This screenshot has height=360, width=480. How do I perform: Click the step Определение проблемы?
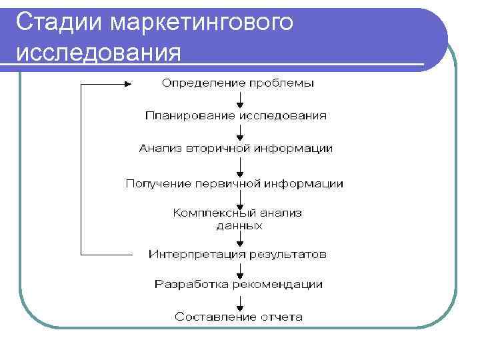[x=238, y=83]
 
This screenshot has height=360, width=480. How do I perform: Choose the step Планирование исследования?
[x=236, y=116]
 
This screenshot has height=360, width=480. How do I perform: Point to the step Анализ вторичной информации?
[x=236, y=149]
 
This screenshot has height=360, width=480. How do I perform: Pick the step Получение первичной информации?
[x=235, y=183]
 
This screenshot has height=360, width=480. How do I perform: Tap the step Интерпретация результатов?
[x=237, y=254]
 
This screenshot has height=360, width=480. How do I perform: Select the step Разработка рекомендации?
[x=239, y=285]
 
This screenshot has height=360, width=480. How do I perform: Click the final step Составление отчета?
[x=239, y=317]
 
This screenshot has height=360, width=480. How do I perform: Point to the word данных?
[x=239, y=226]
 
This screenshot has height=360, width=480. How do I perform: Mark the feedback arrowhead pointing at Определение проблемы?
[x=129, y=84]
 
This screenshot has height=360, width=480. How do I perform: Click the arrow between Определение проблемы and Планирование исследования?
[x=239, y=99]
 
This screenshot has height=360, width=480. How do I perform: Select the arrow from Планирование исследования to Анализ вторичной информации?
[x=239, y=132]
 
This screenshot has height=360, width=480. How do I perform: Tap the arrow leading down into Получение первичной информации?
[x=239, y=165]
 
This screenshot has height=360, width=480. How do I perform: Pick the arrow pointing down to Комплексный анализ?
[x=239, y=198]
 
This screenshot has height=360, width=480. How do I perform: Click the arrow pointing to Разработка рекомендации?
[x=239, y=269]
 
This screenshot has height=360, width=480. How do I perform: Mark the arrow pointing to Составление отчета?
[x=239, y=301]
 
